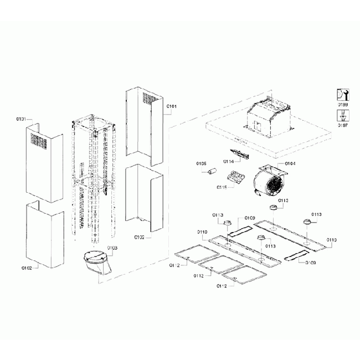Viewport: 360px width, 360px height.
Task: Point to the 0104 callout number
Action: [290, 164]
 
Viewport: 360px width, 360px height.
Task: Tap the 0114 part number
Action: [229, 161]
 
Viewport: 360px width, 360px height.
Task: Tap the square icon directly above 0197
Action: [343, 115]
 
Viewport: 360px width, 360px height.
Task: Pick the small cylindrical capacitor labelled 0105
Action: [210, 173]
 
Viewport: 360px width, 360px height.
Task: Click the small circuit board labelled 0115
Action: [236, 178]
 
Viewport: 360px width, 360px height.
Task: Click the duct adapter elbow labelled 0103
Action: [96, 260]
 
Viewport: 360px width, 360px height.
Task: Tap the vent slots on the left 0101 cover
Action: [36, 141]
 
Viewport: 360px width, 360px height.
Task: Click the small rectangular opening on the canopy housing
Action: [258, 125]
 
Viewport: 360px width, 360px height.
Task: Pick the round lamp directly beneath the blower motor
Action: [273, 208]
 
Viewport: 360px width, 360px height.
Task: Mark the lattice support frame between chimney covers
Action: [92, 177]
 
